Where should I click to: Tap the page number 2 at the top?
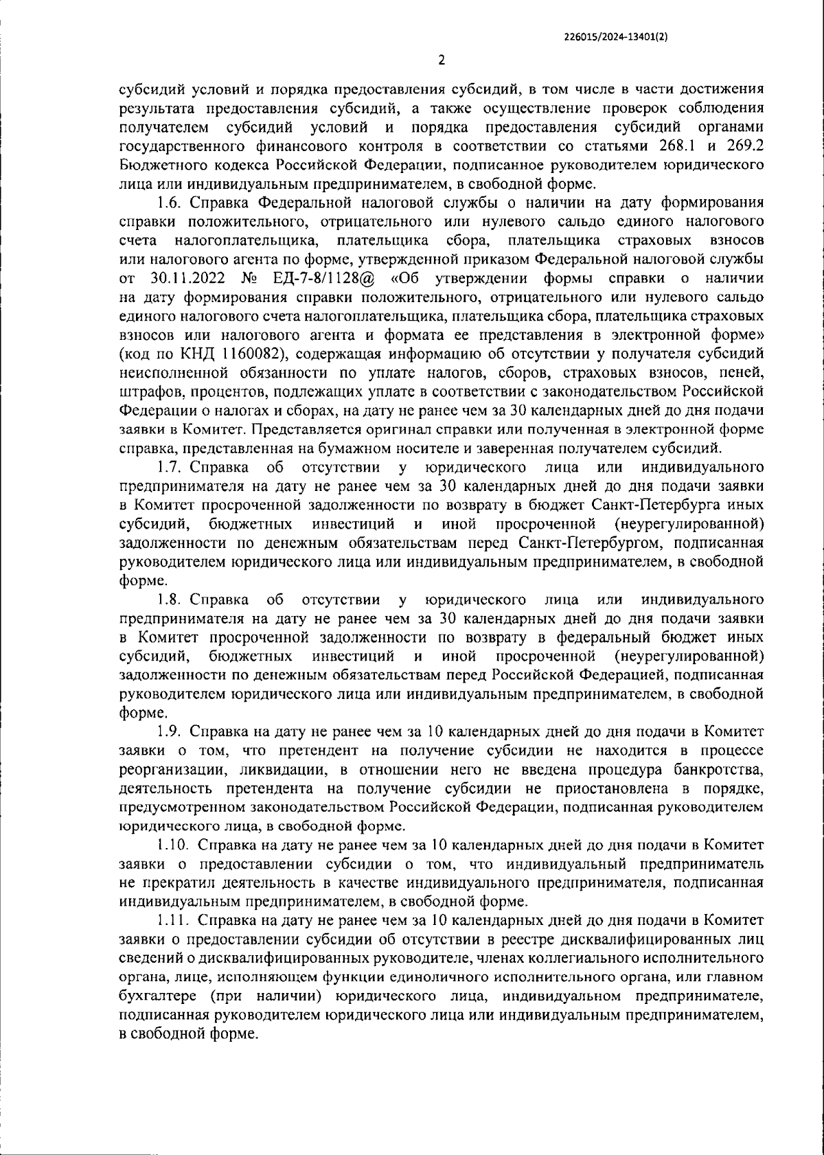coord(442,60)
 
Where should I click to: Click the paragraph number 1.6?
coord(168,203)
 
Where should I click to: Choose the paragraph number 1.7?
coord(168,468)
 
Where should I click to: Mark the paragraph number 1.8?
coord(168,598)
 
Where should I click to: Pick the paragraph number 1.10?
coord(171,844)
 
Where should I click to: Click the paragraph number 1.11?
coord(171,919)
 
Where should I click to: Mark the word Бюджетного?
coord(156,165)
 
